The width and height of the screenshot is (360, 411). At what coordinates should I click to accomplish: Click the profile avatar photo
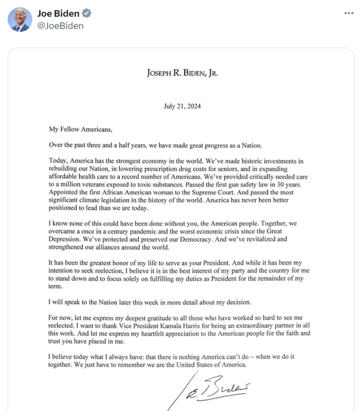(x=20, y=20)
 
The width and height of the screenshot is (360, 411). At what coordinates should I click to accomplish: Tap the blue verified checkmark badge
(x=87, y=13)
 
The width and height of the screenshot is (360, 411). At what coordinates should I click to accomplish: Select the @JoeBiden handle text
(x=60, y=26)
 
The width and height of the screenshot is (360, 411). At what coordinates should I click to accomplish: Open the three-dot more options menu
(x=349, y=13)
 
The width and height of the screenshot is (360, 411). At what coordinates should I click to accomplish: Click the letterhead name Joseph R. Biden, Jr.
(x=182, y=73)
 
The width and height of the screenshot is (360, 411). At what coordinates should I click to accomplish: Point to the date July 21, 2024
(x=182, y=107)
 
